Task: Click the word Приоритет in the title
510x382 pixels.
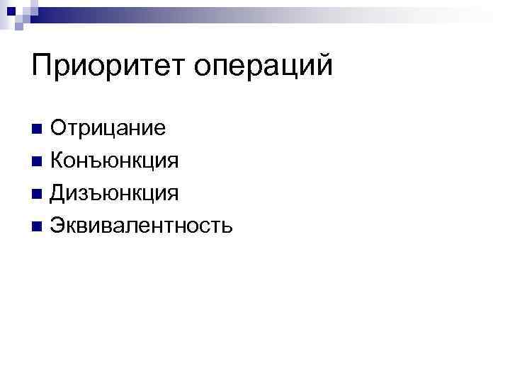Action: (x=109, y=67)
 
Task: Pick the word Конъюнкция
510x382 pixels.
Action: (x=114, y=161)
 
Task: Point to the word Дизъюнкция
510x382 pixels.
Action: (x=114, y=193)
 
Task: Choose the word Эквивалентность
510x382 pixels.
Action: (x=141, y=226)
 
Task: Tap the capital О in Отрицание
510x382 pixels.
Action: (x=59, y=129)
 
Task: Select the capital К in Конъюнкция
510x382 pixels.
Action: (x=57, y=161)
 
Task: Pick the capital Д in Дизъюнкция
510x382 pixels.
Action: (x=59, y=193)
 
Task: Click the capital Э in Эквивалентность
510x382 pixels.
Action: (x=58, y=226)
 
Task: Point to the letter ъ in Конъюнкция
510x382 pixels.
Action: (x=95, y=163)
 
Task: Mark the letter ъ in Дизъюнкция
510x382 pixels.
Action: (x=96, y=195)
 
